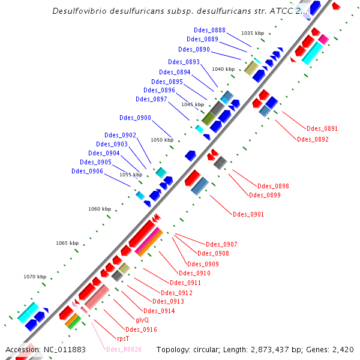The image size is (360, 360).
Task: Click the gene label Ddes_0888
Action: coord(210,30)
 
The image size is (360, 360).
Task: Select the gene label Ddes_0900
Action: coord(136,118)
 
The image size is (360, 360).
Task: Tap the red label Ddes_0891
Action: coord(322,128)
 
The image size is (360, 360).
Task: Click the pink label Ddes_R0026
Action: coord(124,349)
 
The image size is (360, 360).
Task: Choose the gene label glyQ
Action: coord(142,320)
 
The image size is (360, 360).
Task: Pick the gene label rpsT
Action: coord(123,338)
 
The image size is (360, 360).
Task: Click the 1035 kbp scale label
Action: coord(252,33)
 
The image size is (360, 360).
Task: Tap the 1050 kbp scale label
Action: coord(161,140)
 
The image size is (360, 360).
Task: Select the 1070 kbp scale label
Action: coord(35,277)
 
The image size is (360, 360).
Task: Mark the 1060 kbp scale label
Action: coord(100,209)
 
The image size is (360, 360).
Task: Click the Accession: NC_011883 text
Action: coord(45,349)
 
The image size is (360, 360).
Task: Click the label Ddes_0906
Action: coord(87,171)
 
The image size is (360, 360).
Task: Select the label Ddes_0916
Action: coord(141,329)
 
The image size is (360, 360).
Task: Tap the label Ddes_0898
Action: coord(273,186)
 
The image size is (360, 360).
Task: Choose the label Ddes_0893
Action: coord(184,62)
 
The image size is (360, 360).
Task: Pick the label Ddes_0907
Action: coord(221,244)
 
